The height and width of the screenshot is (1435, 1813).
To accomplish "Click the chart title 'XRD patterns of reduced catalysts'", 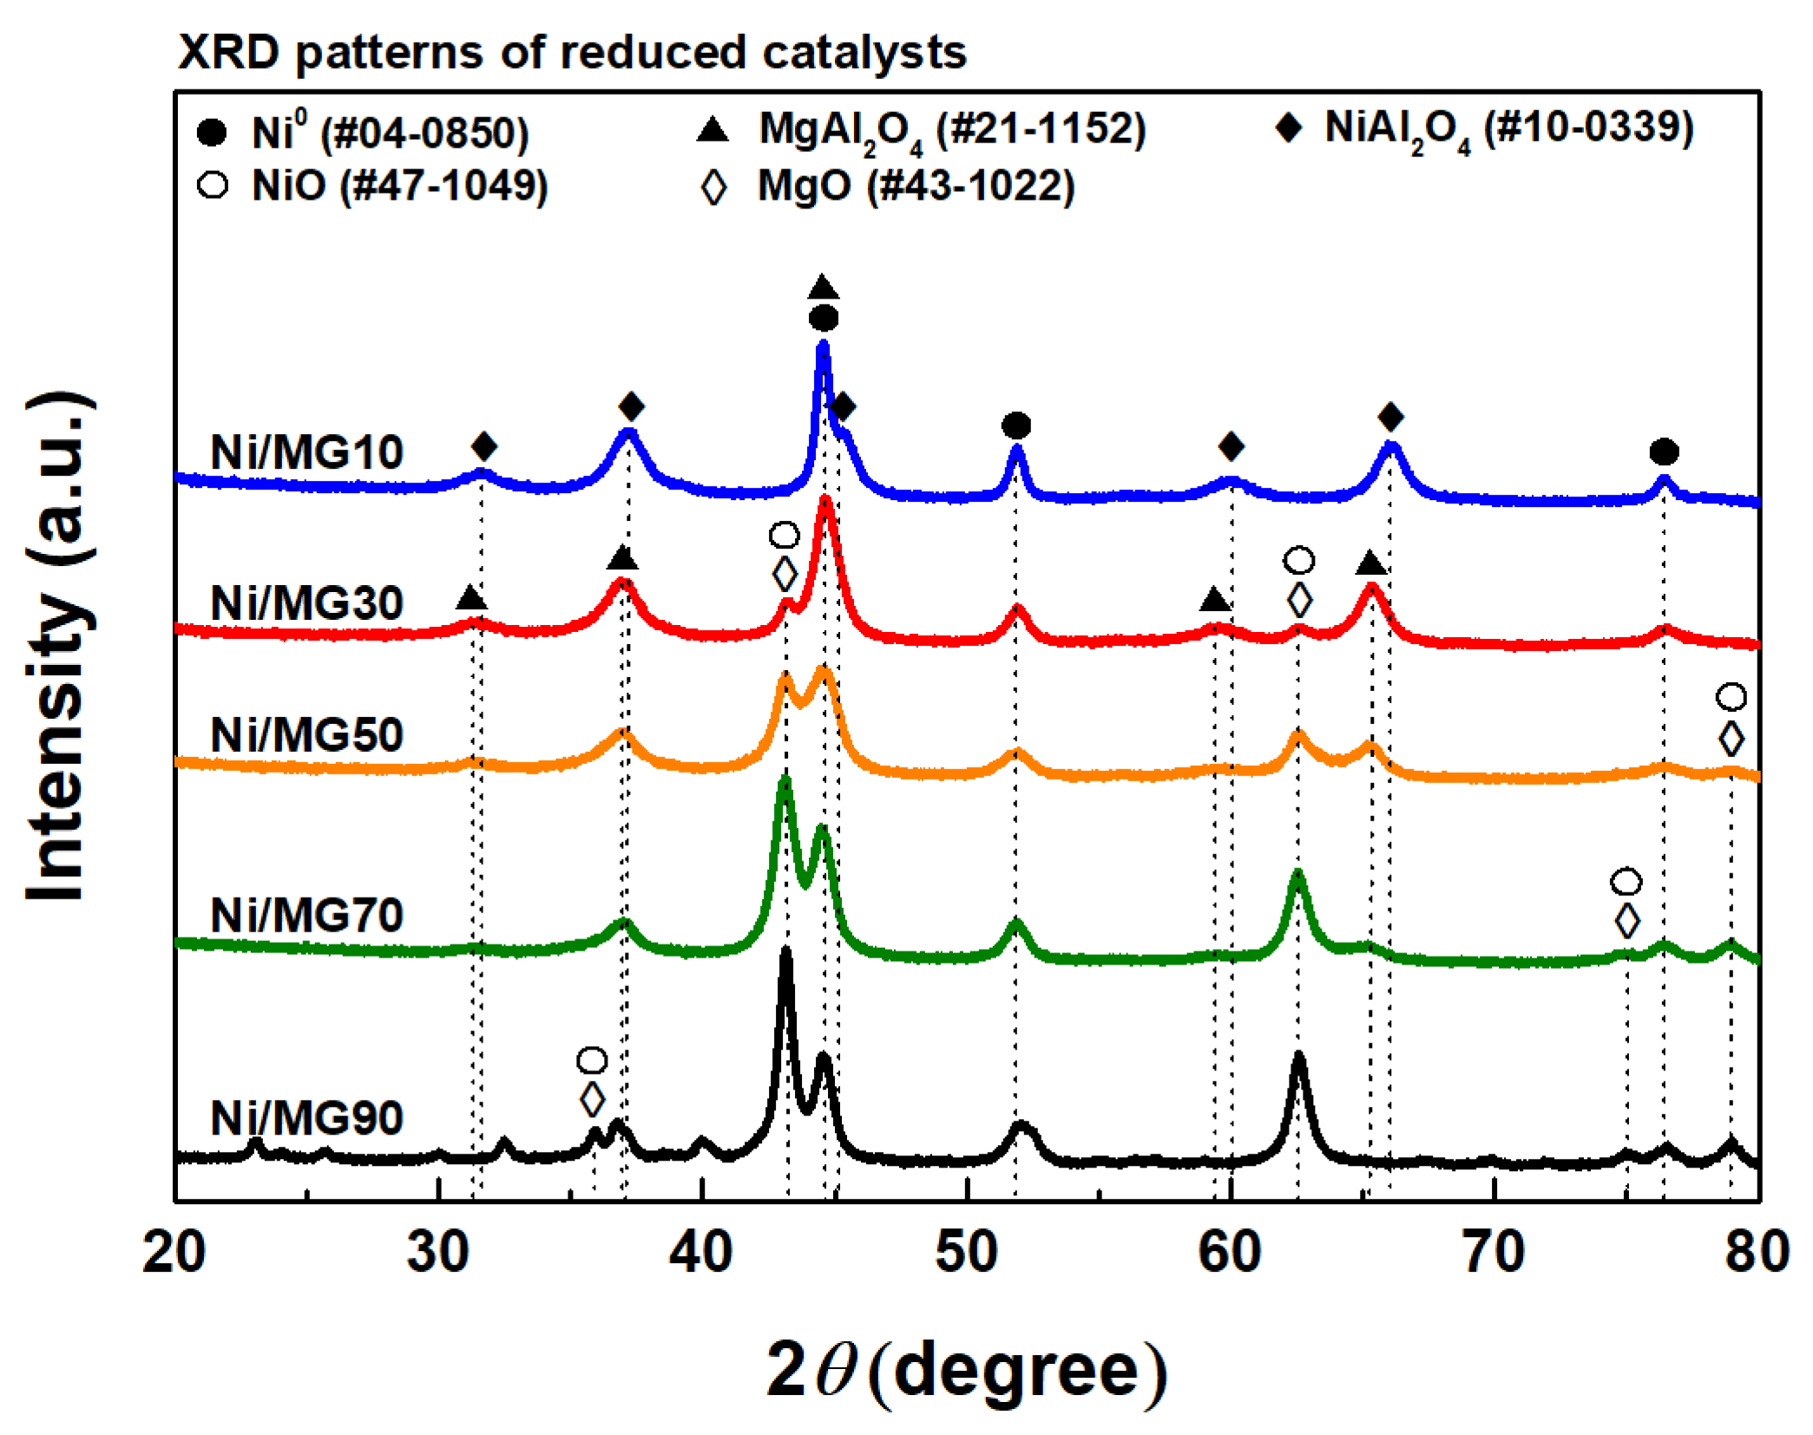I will tap(571, 52).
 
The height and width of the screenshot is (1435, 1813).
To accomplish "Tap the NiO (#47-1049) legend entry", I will tap(373, 186).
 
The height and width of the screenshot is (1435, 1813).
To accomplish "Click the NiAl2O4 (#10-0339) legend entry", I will tap(1484, 129).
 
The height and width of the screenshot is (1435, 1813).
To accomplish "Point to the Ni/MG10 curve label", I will tap(306, 452).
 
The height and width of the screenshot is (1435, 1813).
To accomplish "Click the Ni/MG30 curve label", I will tap(306, 602).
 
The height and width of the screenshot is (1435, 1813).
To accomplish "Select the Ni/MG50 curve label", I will tap(306, 734).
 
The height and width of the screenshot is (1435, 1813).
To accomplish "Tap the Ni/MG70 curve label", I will tap(306, 915).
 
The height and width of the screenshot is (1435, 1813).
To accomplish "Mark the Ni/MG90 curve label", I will tap(306, 1117).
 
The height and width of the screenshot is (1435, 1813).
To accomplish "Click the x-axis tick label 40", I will tap(701, 1252).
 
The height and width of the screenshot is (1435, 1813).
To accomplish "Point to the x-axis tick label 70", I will tap(1494, 1252).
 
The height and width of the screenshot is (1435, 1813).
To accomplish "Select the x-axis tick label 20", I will tap(174, 1252).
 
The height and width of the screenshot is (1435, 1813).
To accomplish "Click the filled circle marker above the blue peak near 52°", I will tap(1016, 425).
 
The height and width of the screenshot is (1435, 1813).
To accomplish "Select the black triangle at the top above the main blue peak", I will tap(823, 287).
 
